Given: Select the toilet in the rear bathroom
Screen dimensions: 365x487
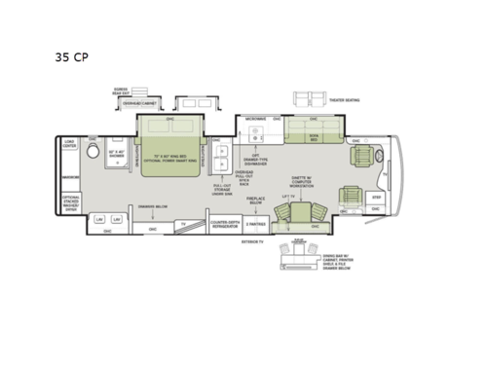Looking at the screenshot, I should (x=94, y=154).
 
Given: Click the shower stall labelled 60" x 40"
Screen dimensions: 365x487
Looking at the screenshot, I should (x=117, y=153).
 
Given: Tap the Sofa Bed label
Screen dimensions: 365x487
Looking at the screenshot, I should (x=314, y=138).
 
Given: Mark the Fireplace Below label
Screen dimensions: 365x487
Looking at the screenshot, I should (x=256, y=200).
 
